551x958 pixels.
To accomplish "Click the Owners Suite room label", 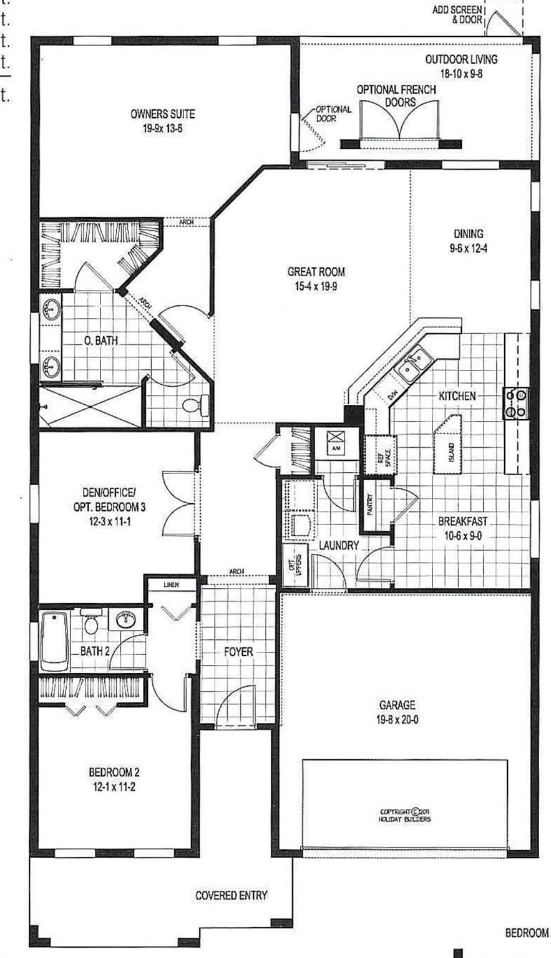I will pyautogui.click(x=162, y=114).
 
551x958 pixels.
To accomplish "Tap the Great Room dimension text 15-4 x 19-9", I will pyautogui.click(x=316, y=286).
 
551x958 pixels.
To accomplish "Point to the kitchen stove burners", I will pyautogui.click(x=516, y=403).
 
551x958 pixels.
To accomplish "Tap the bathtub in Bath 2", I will pyautogui.click(x=54, y=641).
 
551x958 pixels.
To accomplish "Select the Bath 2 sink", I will pyautogui.click(x=127, y=619).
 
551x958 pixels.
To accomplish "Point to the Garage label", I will pyautogui.click(x=397, y=705).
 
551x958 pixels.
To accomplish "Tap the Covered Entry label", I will pyautogui.click(x=231, y=896).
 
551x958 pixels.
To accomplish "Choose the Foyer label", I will pyautogui.click(x=238, y=652).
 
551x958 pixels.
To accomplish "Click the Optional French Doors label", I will pyautogui.click(x=396, y=95).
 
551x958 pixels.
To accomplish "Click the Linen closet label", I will pyautogui.click(x=172, y=585).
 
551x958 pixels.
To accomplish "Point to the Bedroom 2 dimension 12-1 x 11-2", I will pyautogui.click(x=112, y=786).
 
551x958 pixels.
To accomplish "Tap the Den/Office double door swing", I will pyautogui.click(x=179, y=503).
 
